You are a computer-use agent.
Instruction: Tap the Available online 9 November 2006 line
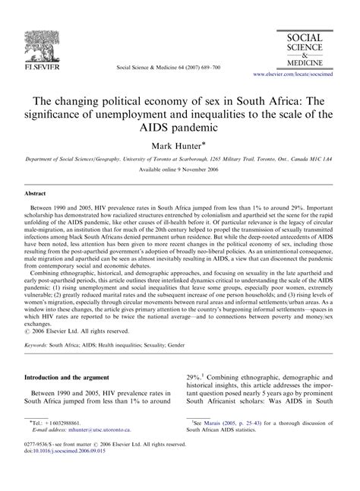[x=180, y=169]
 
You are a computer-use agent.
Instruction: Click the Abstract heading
[x=39, y=193]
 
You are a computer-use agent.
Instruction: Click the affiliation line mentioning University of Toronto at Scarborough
[x=180, y=158]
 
